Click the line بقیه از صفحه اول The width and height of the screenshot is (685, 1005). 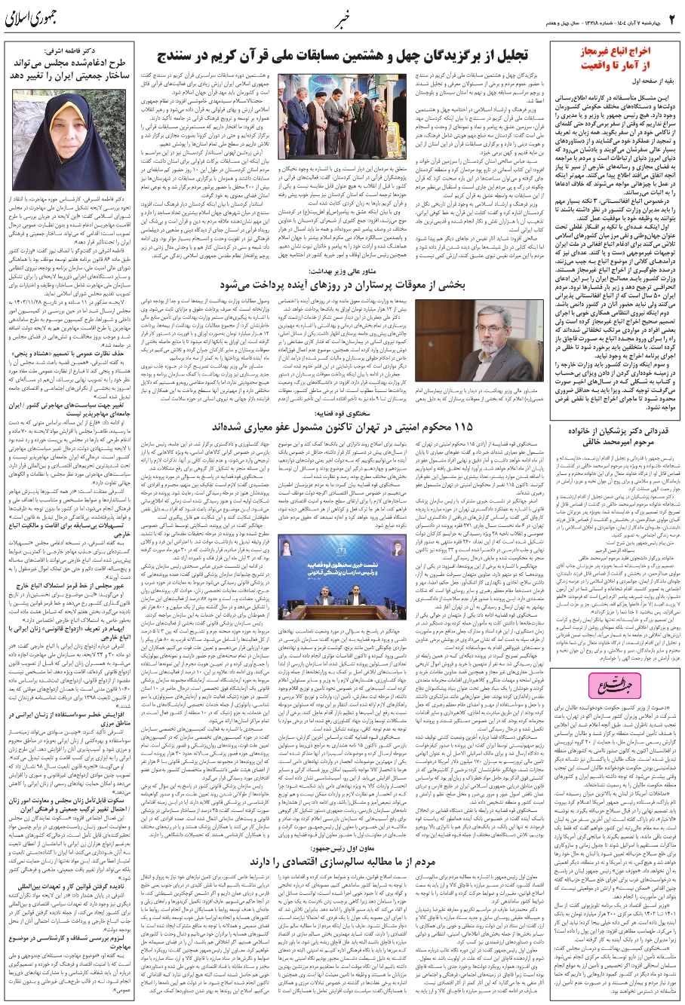pos(645,78)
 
